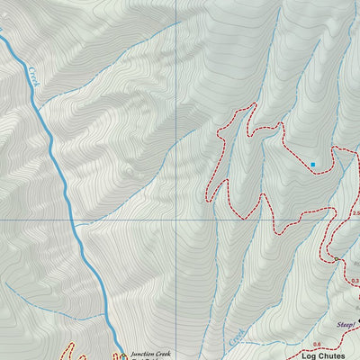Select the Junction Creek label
pyautogui.click(x=149, y=353)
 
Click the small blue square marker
pyautogui.click(x=312, y=165)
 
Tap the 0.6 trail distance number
pyautogui.click(x=317, y=345)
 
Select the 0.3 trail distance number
pyautogui.click(x=355, y=281)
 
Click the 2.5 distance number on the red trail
pyautogui.click(x=355, y=213)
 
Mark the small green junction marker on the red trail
pyautogui.click(x=337, y=258)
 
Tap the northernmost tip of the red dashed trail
pyautogui.click(x=252, y=104)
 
